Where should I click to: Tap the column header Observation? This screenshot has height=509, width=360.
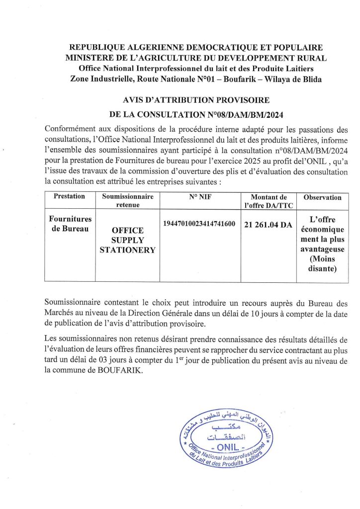click(x=322, y=197)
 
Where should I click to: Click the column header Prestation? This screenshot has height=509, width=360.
click(x=69, y=196)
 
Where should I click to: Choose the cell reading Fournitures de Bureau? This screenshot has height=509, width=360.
click(x=69, y=223)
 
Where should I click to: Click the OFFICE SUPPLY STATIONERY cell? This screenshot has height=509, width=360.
click(x=128, y=240)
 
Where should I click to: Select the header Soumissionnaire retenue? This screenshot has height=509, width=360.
click(x=128, y=200)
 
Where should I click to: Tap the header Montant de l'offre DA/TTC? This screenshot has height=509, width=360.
click(x=269, y=200)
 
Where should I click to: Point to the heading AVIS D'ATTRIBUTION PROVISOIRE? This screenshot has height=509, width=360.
click(x=196, y=99)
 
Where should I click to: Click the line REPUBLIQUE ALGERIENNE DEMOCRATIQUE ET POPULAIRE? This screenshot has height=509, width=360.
click(x=196, y=48)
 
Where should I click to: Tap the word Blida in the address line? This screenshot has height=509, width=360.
click(x=311, y=80)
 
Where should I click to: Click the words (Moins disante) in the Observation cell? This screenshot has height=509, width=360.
click(x=322, y=264)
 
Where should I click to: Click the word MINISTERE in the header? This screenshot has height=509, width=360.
click(x=90, y=58)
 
